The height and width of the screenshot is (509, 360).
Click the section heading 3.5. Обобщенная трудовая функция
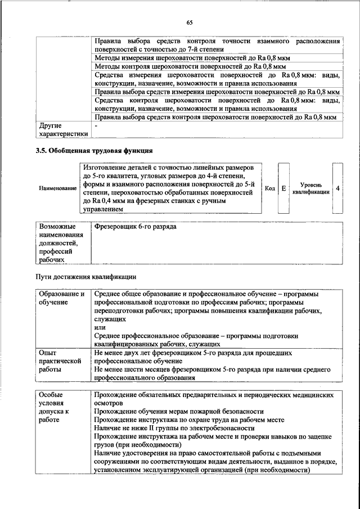tap(94, 151)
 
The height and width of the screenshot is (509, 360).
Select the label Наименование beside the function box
tap(58, 188)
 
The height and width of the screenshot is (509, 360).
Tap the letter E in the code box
tap(284, 188)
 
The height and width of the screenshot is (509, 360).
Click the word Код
tap(269, 188)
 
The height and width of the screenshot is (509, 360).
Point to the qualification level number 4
tap(337, 188)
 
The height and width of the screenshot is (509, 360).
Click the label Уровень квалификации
tap(310, 188)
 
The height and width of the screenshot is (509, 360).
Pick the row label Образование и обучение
tap(62, 298)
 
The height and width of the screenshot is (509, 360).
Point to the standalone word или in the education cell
tap(100, 327)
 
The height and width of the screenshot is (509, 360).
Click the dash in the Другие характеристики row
tap(96, 126)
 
